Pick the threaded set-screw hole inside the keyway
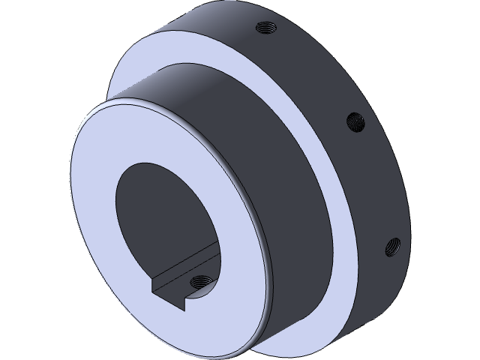point(199,282)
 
